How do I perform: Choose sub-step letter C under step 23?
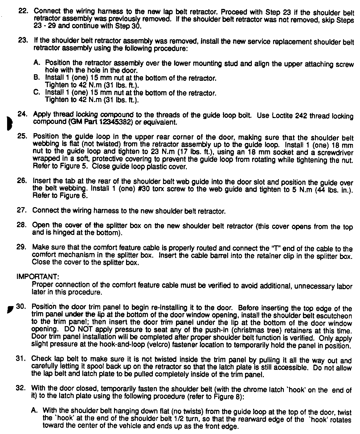click(x=37, y=92)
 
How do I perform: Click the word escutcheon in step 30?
click(x=334, y=316)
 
